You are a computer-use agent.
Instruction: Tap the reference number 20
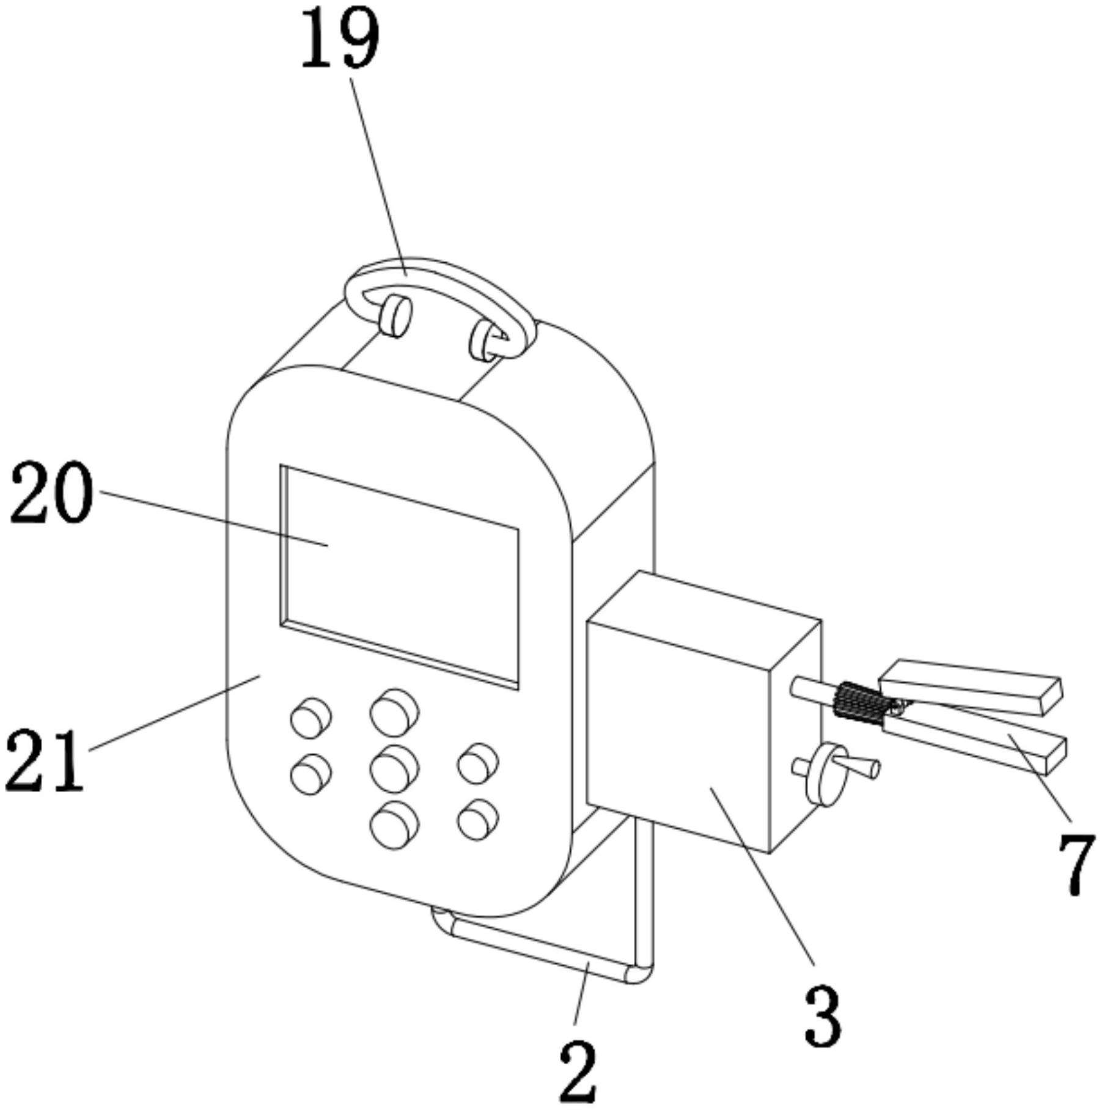coord(52,493)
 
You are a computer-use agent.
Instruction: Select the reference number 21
coord(44,760)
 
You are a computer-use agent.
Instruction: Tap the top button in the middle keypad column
coord(394,713)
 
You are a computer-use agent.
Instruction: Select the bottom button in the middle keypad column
coord(394,825)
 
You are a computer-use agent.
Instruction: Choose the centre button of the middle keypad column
coord(394,769)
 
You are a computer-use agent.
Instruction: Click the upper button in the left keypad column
coord(310,717)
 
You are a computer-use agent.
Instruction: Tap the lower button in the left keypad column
coord(310,774)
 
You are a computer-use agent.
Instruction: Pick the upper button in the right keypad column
coord(478,763)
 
